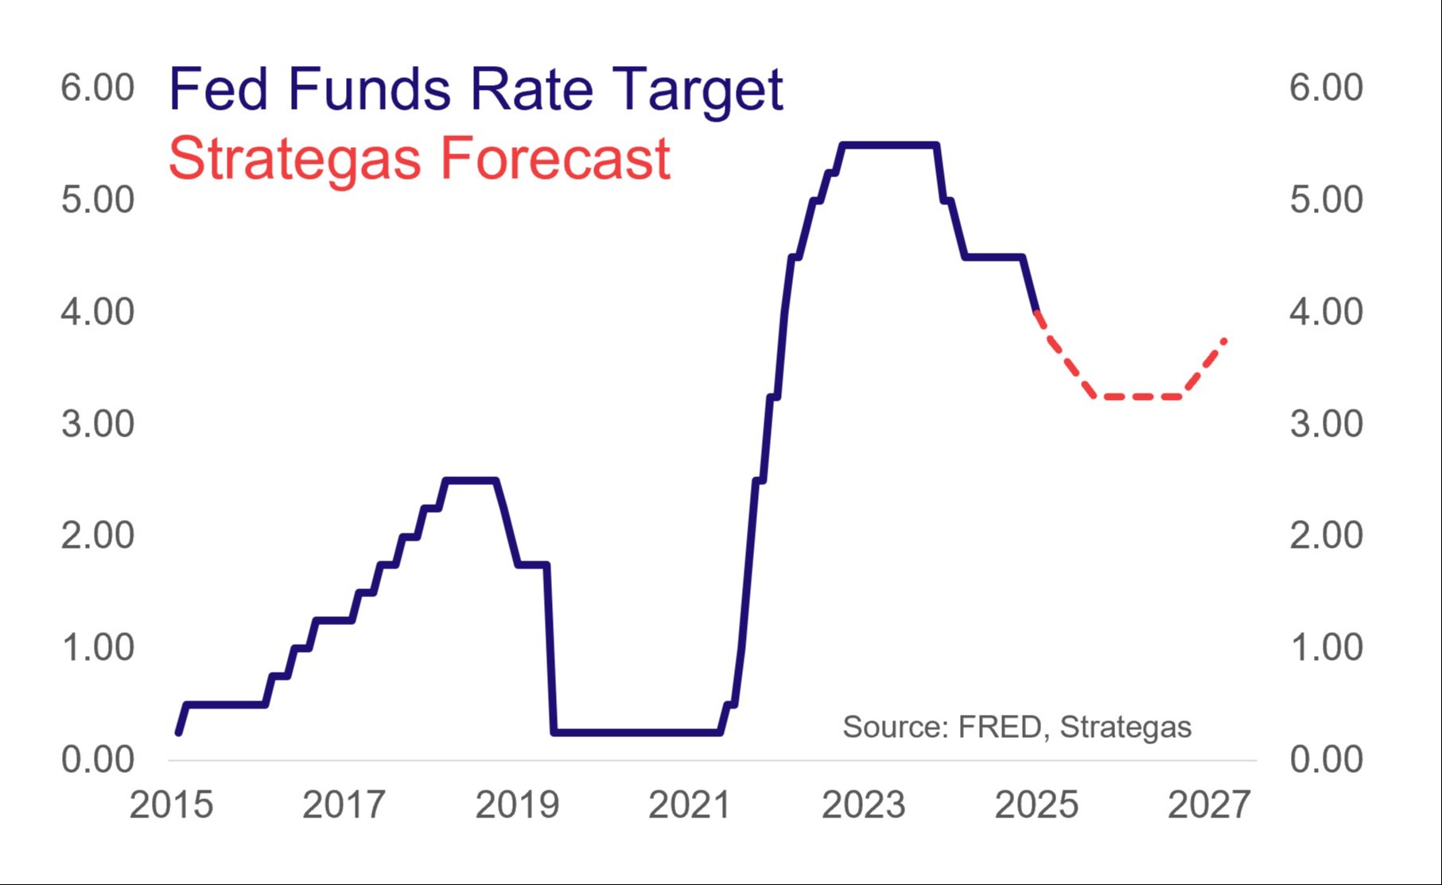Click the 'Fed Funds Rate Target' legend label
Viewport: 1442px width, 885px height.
click(476, 89)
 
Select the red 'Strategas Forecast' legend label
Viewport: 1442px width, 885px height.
click(419, 158)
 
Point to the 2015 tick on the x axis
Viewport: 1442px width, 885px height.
click(171, 805)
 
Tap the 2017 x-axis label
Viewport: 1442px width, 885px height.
click(344, 805)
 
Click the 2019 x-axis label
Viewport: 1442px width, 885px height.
click(517, 805)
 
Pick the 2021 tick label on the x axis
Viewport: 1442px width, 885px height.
click(690, 805)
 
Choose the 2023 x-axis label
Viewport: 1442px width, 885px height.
click(863, 805)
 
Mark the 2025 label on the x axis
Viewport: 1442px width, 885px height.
click(1036, 805)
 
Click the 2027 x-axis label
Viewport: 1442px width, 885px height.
click(1209, 805)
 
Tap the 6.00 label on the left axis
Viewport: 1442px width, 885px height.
click(98, 87)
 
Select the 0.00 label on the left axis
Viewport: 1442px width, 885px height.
click(98, 759)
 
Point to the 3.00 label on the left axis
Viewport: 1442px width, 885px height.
click(98, 424)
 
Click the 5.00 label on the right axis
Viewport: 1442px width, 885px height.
click(1326, 200)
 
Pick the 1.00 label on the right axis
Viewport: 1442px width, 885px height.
click(1326, 647)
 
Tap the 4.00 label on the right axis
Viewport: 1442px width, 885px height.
click(1326, 312)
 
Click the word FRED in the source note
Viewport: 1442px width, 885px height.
click(1000, 727)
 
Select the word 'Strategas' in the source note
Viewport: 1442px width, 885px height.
click(1125, 727)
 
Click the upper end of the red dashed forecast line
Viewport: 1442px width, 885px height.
click(1225, 340)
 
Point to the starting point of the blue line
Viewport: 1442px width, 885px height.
click(178, 732)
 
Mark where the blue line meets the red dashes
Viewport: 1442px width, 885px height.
click(1036, 312)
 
